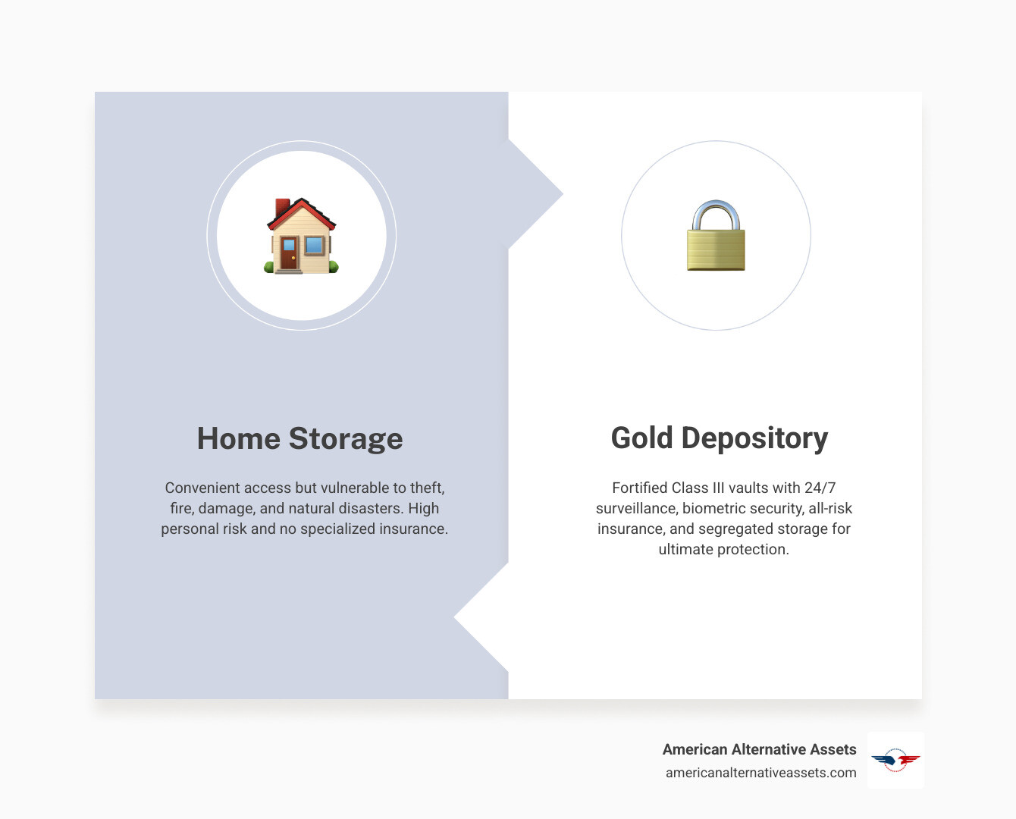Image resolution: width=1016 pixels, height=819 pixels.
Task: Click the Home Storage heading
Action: tap(299, 439)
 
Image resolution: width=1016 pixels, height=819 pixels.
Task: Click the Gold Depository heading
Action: tap(719, 438)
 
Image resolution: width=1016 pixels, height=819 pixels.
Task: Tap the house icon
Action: tap(301, 236)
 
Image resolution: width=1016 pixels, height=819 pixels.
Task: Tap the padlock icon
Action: tap(716, 236)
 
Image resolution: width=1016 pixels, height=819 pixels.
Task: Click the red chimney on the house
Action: tap(282, 207)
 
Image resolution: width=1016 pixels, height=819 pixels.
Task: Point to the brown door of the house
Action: tap(288, 253)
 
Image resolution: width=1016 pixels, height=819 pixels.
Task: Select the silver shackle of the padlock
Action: tap(716, 215)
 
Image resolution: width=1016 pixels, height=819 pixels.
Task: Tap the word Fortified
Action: tap(639, 488)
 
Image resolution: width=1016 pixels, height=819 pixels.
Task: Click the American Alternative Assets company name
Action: tap(759, 749)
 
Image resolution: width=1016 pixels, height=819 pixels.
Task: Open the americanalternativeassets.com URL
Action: tap(760, 773)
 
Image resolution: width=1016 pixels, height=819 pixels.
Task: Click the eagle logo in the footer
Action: tap(895, 760)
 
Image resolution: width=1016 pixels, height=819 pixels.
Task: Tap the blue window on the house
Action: tap(314, 245)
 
